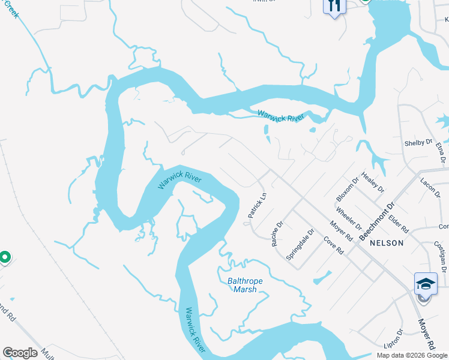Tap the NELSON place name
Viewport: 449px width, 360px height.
[x=387, y=243]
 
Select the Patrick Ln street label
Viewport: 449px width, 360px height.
[x=257, y=205]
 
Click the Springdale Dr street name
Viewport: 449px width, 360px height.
[x=300, y=244]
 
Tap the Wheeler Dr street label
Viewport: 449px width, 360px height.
[x=349, y=219]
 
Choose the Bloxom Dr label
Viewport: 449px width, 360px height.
[x=347, y=188]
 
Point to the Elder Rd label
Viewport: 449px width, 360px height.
[x=399, y=224]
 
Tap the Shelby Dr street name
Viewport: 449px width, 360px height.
[x=418, y=143]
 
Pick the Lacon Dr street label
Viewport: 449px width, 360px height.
[x=430, y=188]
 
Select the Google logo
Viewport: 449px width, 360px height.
[x=20, y=353]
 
